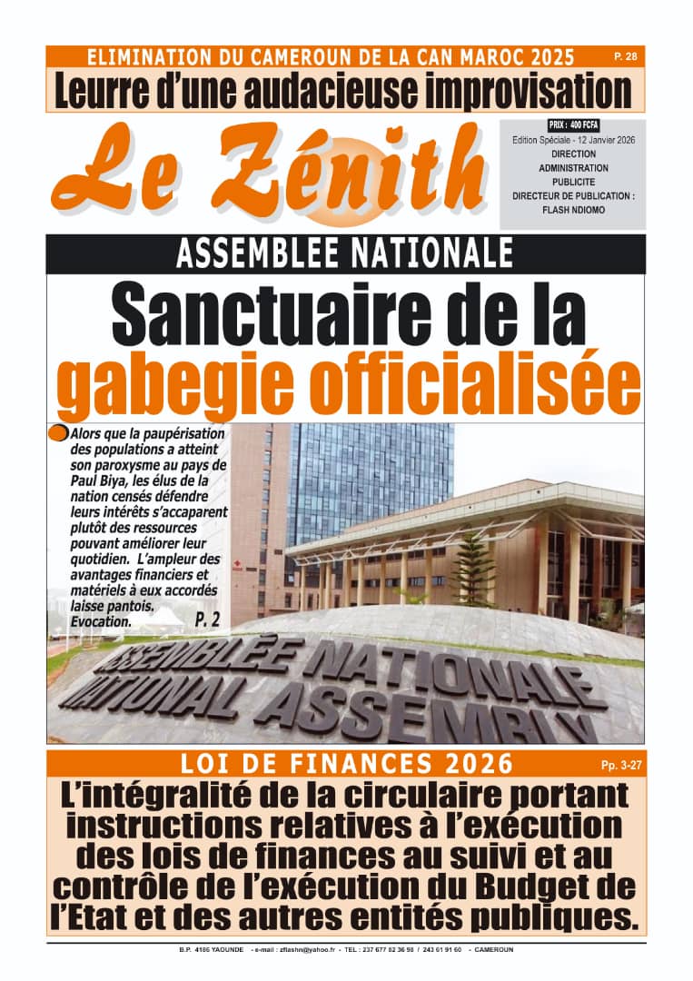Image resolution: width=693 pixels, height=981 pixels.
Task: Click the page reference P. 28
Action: click(x=625, y=56)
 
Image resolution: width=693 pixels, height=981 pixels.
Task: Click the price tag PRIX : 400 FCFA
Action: click(x=573, y=124)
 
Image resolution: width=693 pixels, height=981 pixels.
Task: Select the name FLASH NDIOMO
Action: click(x=572, y=210)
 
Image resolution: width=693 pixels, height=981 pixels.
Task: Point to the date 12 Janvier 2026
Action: click(x=601, y=140)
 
